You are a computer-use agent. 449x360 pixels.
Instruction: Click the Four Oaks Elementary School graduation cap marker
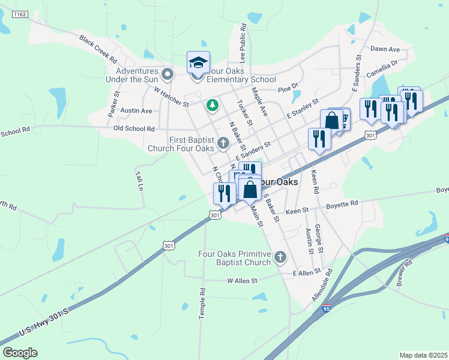198,62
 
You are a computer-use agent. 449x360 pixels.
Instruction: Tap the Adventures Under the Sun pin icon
168,74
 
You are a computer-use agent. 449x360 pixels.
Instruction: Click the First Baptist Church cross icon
223,143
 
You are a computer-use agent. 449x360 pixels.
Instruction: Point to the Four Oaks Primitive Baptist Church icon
280,258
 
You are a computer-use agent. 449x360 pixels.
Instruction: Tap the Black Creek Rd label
97,49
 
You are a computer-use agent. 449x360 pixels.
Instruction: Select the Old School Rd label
134,128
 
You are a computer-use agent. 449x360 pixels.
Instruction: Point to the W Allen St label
242,280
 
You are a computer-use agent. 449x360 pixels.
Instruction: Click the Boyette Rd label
342,203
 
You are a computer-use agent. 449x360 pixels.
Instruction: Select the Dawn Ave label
385,49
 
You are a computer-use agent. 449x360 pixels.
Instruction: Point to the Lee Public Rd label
243,43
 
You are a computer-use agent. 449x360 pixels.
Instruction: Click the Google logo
19,353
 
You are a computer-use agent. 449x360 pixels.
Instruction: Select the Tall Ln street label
140,181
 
